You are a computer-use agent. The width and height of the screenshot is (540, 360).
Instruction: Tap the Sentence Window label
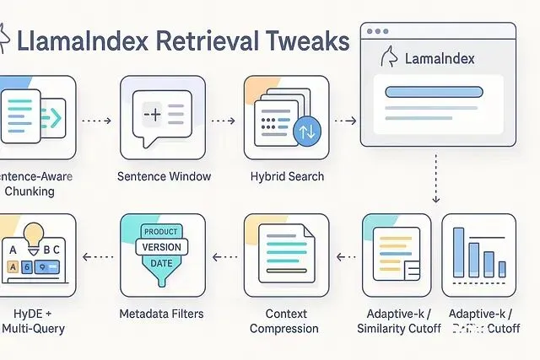(x=164, y=176)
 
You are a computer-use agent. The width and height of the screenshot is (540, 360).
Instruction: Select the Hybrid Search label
(x=286, y=176)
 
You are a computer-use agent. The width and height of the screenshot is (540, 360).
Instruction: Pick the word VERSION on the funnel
(x=162, y=248)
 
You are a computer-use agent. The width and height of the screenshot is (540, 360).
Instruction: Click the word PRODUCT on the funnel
(x=161, y=232)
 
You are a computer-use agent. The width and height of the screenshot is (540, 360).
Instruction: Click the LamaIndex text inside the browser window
(x=440, y=59)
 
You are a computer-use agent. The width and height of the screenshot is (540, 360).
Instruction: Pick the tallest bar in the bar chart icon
(x=461, y=249)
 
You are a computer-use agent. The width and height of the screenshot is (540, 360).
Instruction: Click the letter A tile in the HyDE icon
(x=13, y=251)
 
